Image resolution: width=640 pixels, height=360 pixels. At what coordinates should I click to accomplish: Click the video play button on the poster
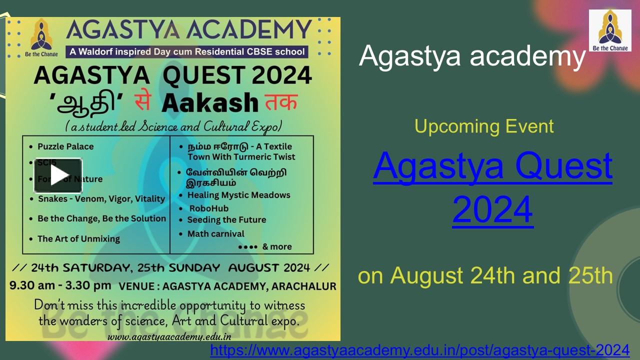coord(58,175)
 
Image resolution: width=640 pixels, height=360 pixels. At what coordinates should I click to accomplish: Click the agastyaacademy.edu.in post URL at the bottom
coord(419,350)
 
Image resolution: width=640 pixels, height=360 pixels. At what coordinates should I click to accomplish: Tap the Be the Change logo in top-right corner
coord(609,30)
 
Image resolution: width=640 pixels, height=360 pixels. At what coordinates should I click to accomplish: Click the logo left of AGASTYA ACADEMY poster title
coord(41,37)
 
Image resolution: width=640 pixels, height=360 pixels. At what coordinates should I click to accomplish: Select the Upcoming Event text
coord(484,126)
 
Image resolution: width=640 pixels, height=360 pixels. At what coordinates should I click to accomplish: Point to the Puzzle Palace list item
coord(65,146)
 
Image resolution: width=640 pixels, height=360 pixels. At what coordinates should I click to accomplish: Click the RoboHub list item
coord(208,208)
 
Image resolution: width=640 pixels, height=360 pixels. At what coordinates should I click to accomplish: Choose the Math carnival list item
coord(215,233)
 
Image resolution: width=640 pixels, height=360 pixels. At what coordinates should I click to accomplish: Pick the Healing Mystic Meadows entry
coord(238,195)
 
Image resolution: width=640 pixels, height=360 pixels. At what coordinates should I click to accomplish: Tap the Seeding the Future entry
coord(226,220)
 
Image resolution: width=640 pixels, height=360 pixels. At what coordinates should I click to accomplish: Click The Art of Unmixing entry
coord(78,238)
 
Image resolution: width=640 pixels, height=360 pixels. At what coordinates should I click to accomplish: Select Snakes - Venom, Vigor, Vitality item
coord(101,198)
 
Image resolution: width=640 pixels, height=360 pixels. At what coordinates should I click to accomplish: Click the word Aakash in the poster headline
coord(209,103)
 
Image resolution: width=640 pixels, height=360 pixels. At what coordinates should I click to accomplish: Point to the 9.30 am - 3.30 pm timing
coord(60,286)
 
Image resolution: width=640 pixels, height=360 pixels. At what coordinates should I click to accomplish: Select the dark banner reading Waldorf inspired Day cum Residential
coord(187,51)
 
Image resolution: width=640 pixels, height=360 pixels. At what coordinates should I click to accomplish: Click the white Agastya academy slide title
coord(472,56)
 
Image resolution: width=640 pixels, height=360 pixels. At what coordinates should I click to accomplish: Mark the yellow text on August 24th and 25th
coord(485,275)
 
